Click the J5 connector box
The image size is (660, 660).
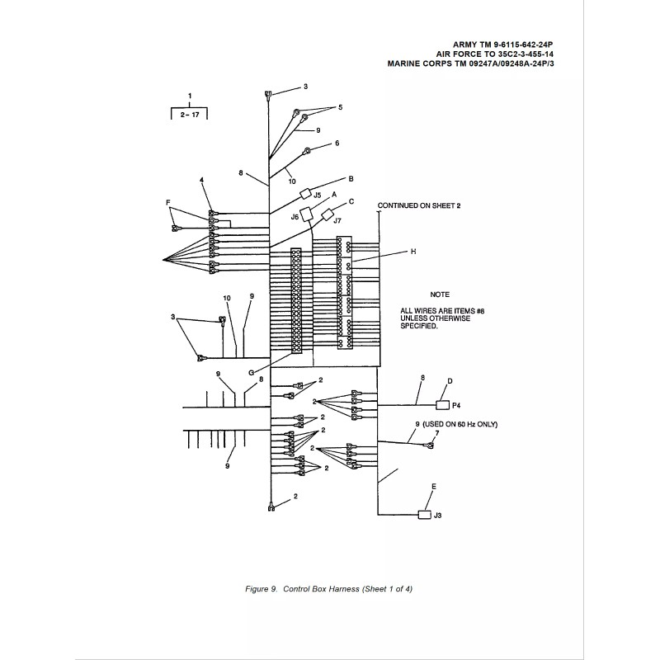point(304,195)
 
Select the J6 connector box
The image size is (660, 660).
point(308,214)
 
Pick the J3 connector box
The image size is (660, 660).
point(425,515)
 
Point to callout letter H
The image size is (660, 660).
point(412,252)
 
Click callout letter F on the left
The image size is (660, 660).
point(168,201)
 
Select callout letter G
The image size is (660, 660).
point(250,372)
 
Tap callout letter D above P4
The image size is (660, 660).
point(450,381)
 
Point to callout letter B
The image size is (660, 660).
point(351,178)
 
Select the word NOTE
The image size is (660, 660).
point(440,294)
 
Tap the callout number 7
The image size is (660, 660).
point(436,432)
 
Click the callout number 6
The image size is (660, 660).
point(337,143)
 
